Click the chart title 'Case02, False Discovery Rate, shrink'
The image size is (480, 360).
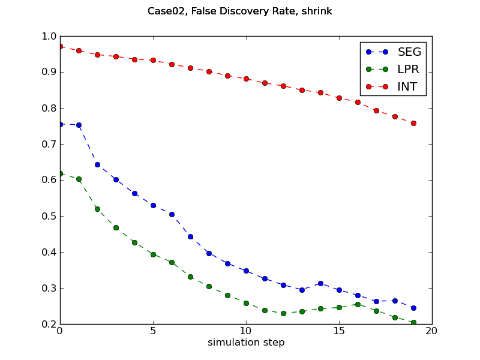[x=240, y=11]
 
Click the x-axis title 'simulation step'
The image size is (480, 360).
[x=246, y=343]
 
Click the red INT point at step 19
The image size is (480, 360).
[x=413, y=123]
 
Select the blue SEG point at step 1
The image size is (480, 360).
[x=79, y=125]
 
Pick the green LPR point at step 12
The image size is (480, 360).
[x=283, y=313]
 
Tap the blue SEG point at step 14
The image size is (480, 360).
[x=320, y=283]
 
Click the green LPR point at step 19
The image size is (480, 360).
[x=413, y=322]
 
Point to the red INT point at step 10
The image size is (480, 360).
[x=246, y=79]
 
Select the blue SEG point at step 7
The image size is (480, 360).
[x=190, y=236]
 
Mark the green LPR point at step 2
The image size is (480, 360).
[x=97, y=209]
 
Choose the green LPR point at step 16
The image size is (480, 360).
[x=358, y=304]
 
